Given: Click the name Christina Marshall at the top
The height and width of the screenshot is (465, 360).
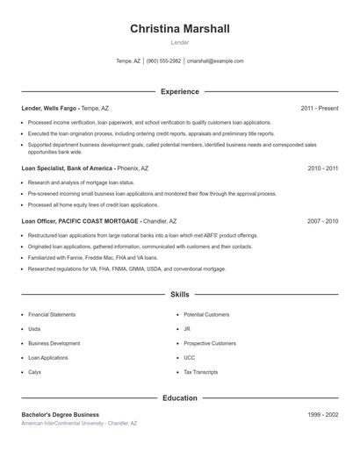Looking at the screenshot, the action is (x=180, y=29).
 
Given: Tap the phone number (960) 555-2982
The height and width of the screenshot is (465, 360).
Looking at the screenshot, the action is (x=163, y=61).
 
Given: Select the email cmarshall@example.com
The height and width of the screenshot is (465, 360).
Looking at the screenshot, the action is (x=215, y=61).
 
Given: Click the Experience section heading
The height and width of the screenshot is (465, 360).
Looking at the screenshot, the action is (x=180, y=91).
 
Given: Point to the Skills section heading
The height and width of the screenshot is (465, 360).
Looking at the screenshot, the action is (x=180, y=295).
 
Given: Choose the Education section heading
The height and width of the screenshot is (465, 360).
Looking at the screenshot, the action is (x=180, y=398).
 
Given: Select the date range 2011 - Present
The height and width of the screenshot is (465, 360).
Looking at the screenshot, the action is (x=319, y=108).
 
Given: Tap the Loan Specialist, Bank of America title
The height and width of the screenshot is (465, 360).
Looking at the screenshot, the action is (x=68, y=168).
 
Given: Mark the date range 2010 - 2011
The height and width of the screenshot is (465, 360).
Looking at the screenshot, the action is (x=322, y=168).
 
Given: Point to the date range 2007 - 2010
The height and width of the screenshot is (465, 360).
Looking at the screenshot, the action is (x=322, y=221).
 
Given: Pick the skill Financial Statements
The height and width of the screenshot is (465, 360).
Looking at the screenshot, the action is (x=52, y=314).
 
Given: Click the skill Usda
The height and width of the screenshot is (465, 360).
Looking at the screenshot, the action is (x=35, y=329).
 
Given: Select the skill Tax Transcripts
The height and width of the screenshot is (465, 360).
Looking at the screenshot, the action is (x=201, y=373).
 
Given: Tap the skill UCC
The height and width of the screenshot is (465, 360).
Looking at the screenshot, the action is (x=190, y=358).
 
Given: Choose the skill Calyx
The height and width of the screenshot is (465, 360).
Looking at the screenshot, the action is (x=35, y=373).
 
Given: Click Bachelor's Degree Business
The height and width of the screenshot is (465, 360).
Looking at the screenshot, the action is (x=61, y=414).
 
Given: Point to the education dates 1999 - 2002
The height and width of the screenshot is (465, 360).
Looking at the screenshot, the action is (x=322, y=414).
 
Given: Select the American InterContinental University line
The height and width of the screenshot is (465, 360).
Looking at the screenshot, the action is (x=79, y=423).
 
